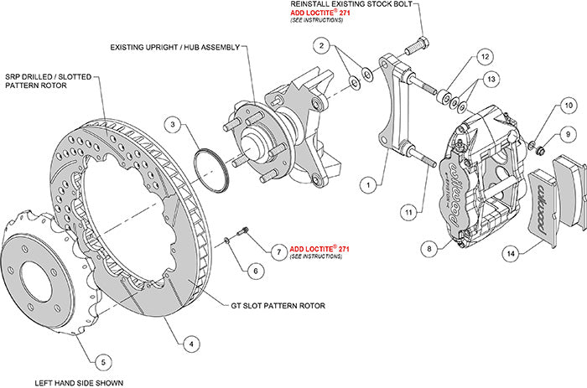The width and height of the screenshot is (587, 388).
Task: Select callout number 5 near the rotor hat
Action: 101,362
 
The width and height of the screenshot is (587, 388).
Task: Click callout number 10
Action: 568,106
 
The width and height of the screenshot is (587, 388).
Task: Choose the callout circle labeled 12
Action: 485,56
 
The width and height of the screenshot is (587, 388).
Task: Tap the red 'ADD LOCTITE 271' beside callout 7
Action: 319,249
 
